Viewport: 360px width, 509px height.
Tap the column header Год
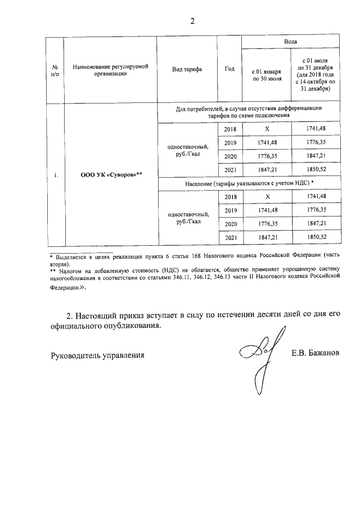pos(229,69)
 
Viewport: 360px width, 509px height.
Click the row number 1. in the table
pos(56,175)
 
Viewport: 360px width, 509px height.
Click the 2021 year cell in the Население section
pos(229,238)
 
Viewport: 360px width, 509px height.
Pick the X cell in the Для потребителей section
pos(268,129)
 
